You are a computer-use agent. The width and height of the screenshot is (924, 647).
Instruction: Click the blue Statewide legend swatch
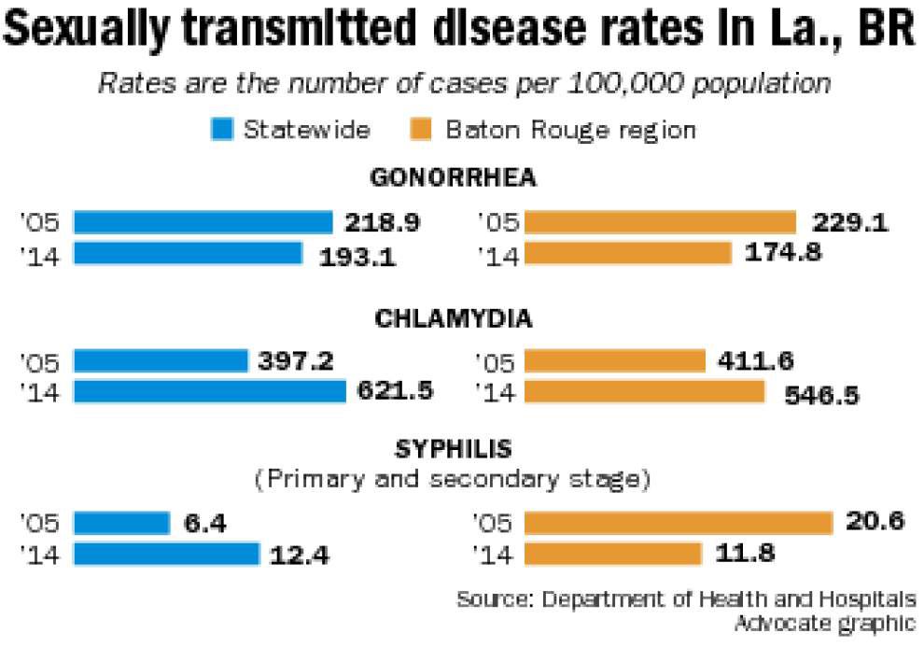(222, 129)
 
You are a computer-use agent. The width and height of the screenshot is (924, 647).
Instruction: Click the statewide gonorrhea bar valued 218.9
(203, 222)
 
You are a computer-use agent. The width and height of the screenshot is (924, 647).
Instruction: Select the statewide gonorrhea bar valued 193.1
(188, 253)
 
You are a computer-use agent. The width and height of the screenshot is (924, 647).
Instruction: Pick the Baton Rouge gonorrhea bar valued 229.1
(660, 222)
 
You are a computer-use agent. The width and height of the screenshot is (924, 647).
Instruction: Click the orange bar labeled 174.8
(628, 253)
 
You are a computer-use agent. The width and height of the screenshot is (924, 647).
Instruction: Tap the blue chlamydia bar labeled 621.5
(209, 391)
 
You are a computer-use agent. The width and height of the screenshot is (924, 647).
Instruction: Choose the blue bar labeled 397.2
(160, 361)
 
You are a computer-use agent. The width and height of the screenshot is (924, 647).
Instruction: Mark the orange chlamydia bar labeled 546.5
(644, 391)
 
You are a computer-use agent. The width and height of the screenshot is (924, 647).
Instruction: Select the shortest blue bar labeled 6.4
(121, 523)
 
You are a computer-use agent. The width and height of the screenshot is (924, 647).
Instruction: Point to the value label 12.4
(301, 556)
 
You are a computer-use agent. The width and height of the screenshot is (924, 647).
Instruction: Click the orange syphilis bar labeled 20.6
(678, 523)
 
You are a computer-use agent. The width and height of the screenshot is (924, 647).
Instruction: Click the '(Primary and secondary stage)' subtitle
(453, 480)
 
